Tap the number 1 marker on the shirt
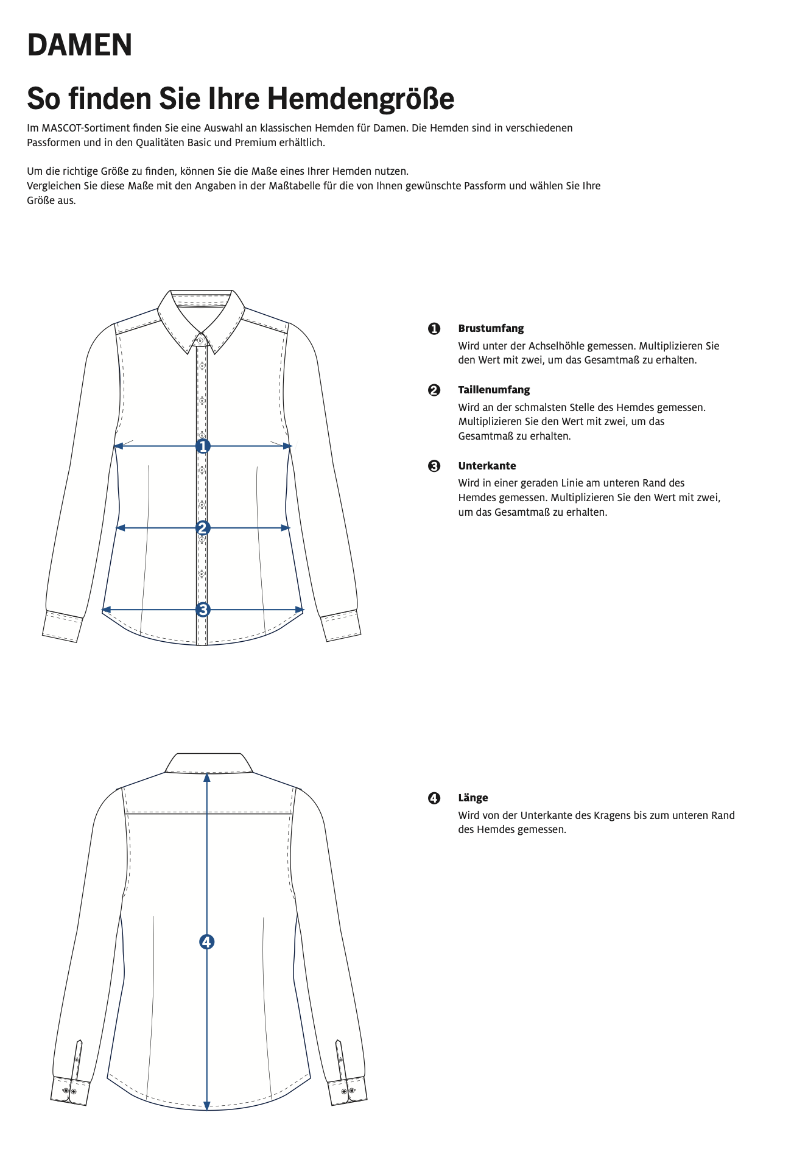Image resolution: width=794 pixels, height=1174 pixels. pyautogui.click(x=203, y=446)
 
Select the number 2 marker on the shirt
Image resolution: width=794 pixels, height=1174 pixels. pyautogui.click(x=203, y=528)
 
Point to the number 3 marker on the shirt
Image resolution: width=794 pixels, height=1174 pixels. pyautogui.click(x=203, y=610)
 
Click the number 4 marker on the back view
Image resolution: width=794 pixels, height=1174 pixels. pyautogui.click(x=207, y=942)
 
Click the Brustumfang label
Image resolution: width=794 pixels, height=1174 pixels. pyautogui.click(x=491, y=329)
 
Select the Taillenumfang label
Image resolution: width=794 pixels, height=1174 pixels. pyautogui.click(x=494, y=390)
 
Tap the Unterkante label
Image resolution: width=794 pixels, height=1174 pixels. pyautogui.click(x=487, y=466)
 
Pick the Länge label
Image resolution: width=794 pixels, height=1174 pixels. pyautogui.click(x=473, y=798)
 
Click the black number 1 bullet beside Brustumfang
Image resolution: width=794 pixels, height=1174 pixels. pyautogui.click(x=434, y=329)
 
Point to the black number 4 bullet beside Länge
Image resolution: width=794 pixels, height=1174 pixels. pyautogui.click(x=434, y=798)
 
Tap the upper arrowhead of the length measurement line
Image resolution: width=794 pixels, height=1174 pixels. pyautogui.click(x=207, y=778)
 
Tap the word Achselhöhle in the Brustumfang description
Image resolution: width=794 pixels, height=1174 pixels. pyautogui.click(x=555, y=346)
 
